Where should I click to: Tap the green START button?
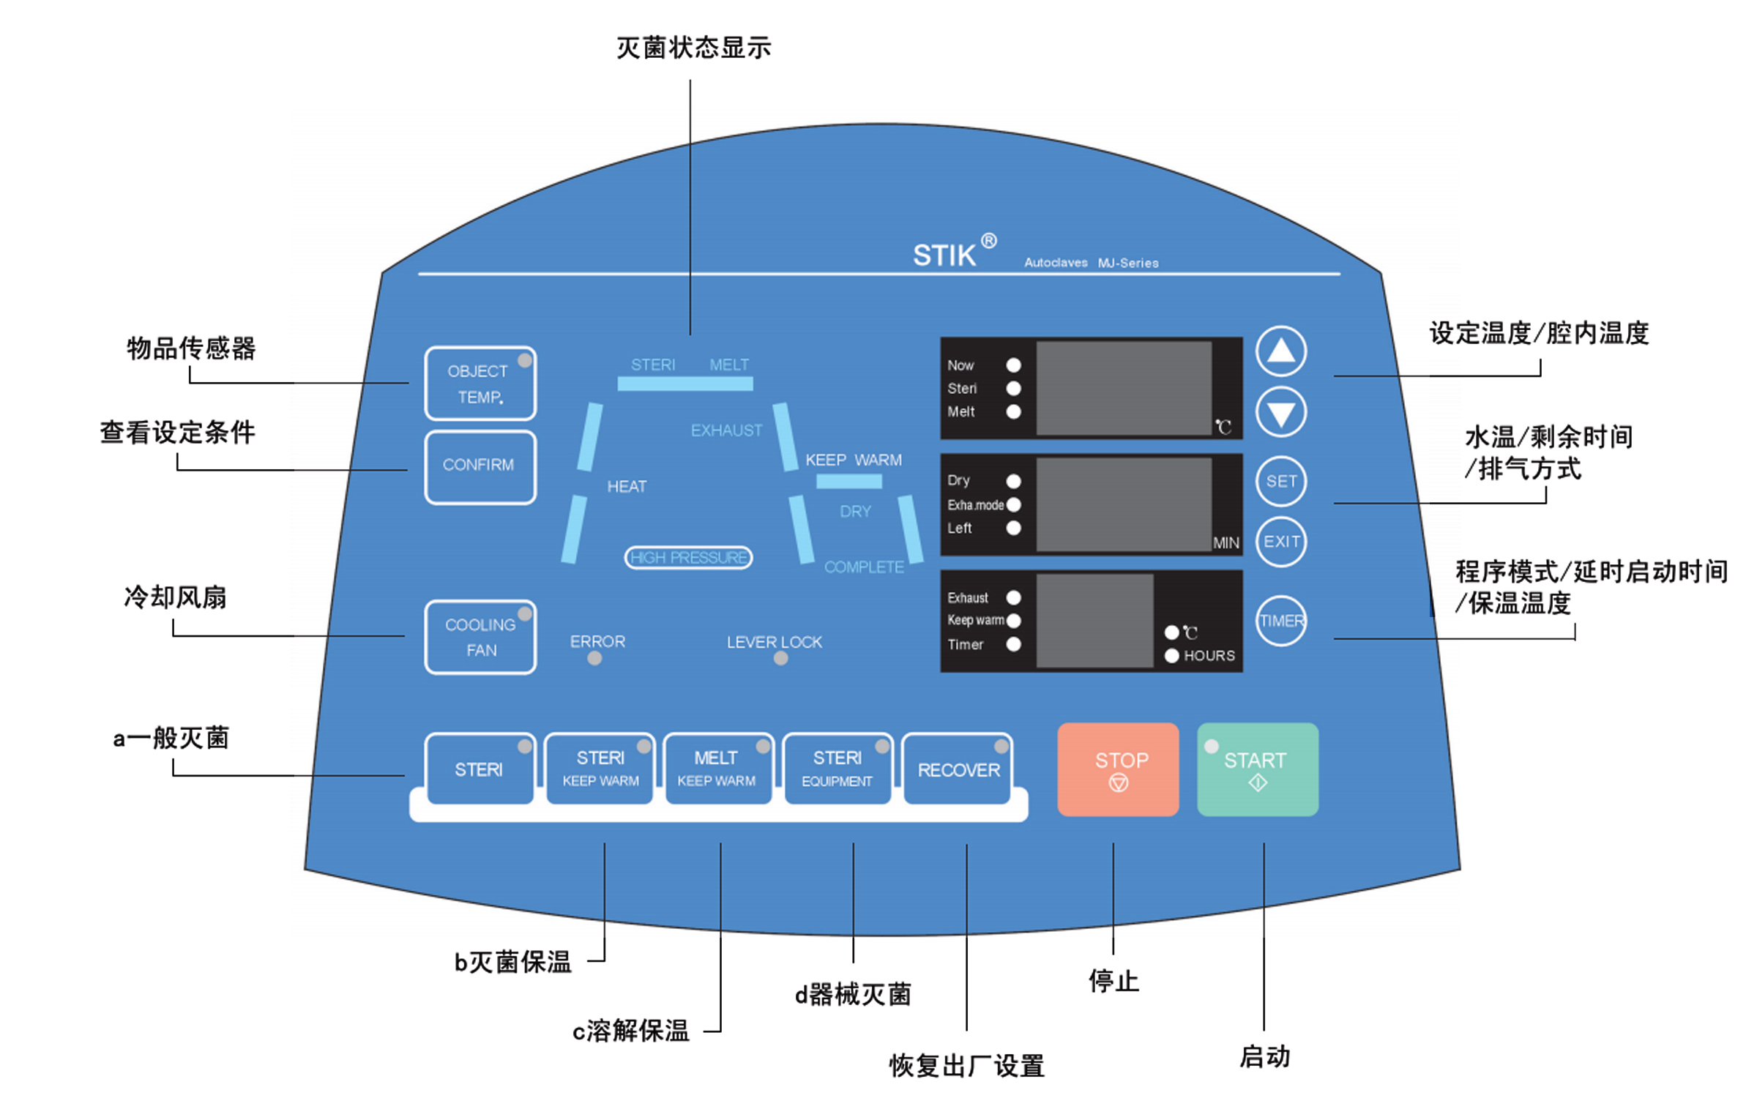point(1257,769)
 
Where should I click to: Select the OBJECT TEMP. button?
point(480,383)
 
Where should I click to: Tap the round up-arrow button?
point(1280,351)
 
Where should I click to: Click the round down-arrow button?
point(1280,413)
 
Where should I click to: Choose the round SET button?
point(1280,481)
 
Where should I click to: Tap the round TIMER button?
point(1280,621)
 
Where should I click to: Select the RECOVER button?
point(958,769)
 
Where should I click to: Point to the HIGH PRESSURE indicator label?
point(688,558)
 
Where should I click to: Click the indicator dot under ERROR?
point(594,659)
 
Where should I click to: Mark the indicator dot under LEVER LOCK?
point(780,659)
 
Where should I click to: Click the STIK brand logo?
point(944,255)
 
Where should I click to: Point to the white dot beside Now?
point(1013,365)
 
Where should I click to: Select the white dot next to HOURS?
point(1171,655)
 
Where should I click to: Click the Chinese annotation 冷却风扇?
point(176,598)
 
